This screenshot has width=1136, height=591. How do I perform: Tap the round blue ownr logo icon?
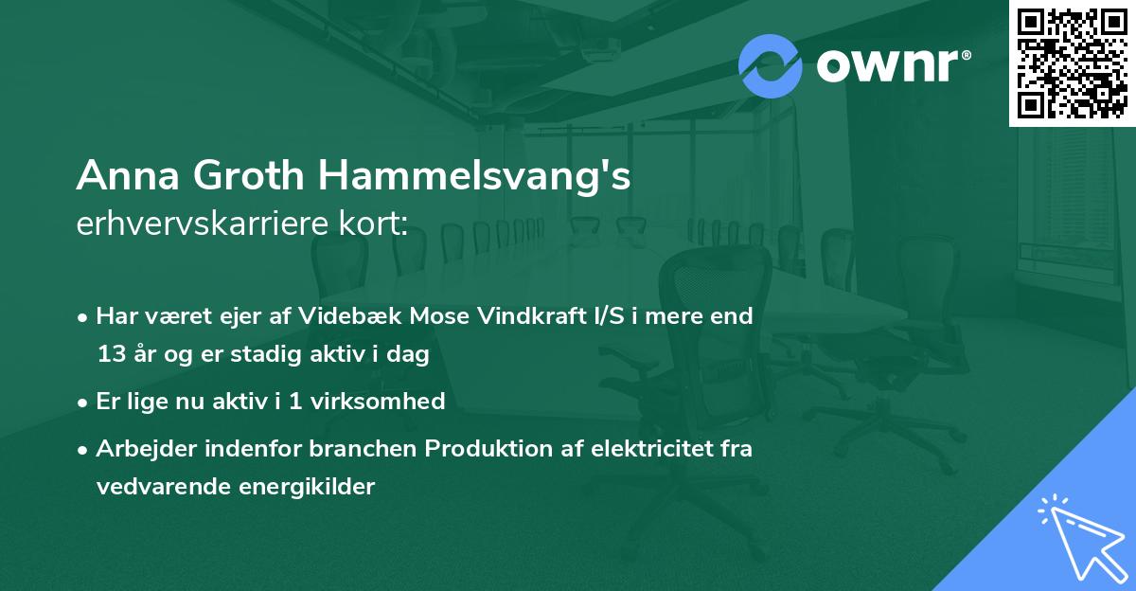771,64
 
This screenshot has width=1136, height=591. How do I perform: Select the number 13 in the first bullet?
111,354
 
